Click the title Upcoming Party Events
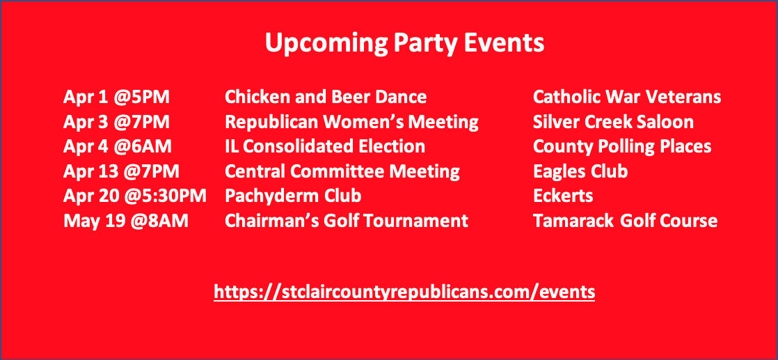404,44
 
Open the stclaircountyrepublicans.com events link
404,292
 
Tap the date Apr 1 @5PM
117,97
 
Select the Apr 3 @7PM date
117,122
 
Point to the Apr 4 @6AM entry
118,147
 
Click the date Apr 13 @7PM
122,172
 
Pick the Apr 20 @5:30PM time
135,196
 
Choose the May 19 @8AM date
126,221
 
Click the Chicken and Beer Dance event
326,97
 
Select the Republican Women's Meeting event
352,122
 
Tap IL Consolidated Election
325,147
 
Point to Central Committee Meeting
342,172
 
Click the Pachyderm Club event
293,197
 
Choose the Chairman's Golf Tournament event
347,221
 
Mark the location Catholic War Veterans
627,97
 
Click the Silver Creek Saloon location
613,122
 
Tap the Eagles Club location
580,172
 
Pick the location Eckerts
563,196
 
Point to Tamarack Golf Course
625,221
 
